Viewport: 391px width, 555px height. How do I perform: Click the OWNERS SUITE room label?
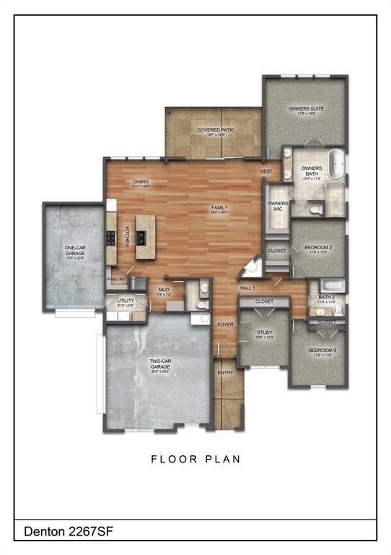306,109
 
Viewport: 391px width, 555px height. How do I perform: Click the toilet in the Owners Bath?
315,209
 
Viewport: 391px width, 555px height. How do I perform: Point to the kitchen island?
144,236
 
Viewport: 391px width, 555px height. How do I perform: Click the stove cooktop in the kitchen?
111,238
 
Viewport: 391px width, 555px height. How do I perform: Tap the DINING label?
141,182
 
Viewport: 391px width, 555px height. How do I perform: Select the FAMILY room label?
219,208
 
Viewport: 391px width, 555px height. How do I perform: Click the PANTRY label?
116,279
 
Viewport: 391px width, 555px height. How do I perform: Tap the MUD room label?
163,290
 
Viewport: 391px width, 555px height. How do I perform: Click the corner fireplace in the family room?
250,267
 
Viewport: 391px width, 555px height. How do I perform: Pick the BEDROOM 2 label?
317,248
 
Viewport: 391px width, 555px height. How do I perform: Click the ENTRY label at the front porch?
224,373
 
